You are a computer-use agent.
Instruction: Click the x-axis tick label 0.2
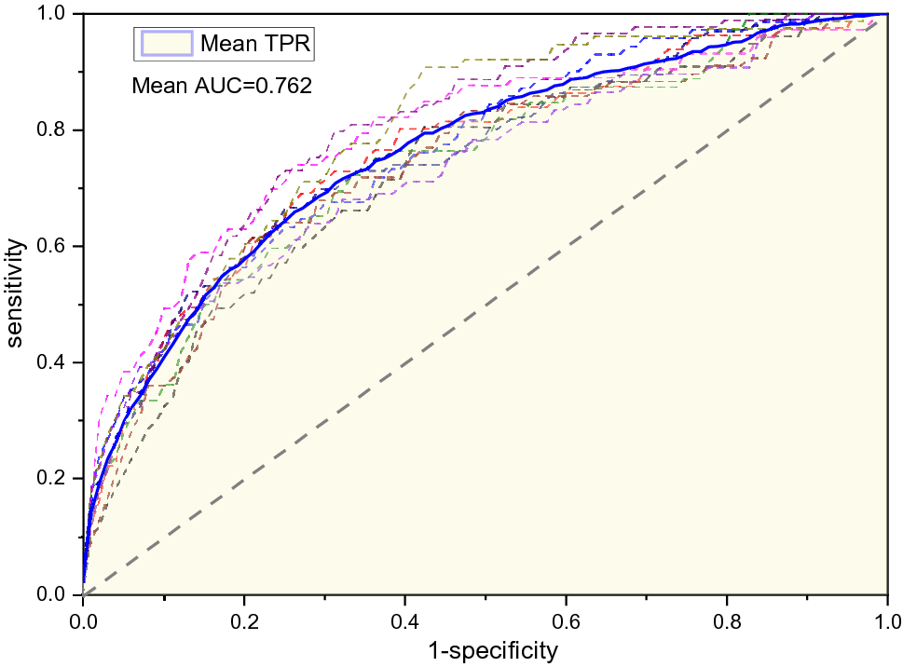tap(244, 619)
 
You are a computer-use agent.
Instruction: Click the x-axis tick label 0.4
tap(404, 619)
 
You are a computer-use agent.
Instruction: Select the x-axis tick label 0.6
tap(566, 619)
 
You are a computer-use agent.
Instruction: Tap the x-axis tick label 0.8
tap(727, 619)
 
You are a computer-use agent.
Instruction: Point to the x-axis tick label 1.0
tap(886, 619)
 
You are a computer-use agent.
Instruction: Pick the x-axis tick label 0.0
tap(83, 619)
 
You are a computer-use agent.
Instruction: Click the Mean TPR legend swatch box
tap(166, 43)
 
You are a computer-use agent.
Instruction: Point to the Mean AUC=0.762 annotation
tap(221, 87)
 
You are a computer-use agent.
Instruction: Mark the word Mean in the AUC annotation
tap(155, 87)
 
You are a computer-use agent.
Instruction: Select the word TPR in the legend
tap(290, 44)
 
